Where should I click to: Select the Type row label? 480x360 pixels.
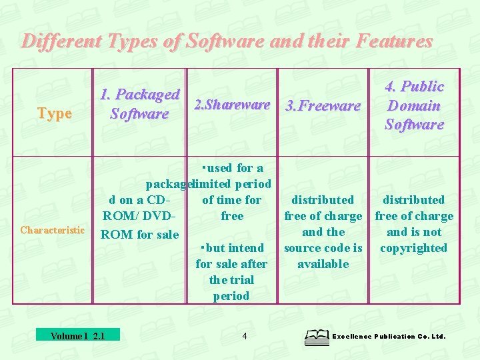point(55,113)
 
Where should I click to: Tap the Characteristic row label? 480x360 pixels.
point(53,231)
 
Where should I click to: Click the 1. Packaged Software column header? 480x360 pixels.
point(139,104)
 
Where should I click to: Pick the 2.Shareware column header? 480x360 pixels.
point(231,105)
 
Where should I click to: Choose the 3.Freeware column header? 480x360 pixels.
point(323,105)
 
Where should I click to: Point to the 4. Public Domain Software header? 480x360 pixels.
point(414,105)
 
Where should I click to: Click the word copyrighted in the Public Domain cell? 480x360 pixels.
point(414,248)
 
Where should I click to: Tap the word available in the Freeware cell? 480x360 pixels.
point(323,264)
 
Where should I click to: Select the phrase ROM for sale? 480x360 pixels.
point(140,235)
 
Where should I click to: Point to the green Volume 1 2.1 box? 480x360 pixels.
point(77,335)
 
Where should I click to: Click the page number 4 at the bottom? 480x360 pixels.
point(245,336)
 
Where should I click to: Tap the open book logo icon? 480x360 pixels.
point(316,337)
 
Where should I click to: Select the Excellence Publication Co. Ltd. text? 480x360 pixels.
point(389,337)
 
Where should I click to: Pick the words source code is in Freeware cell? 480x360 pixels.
point(323,248)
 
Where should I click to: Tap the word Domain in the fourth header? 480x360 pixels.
point(414,105)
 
